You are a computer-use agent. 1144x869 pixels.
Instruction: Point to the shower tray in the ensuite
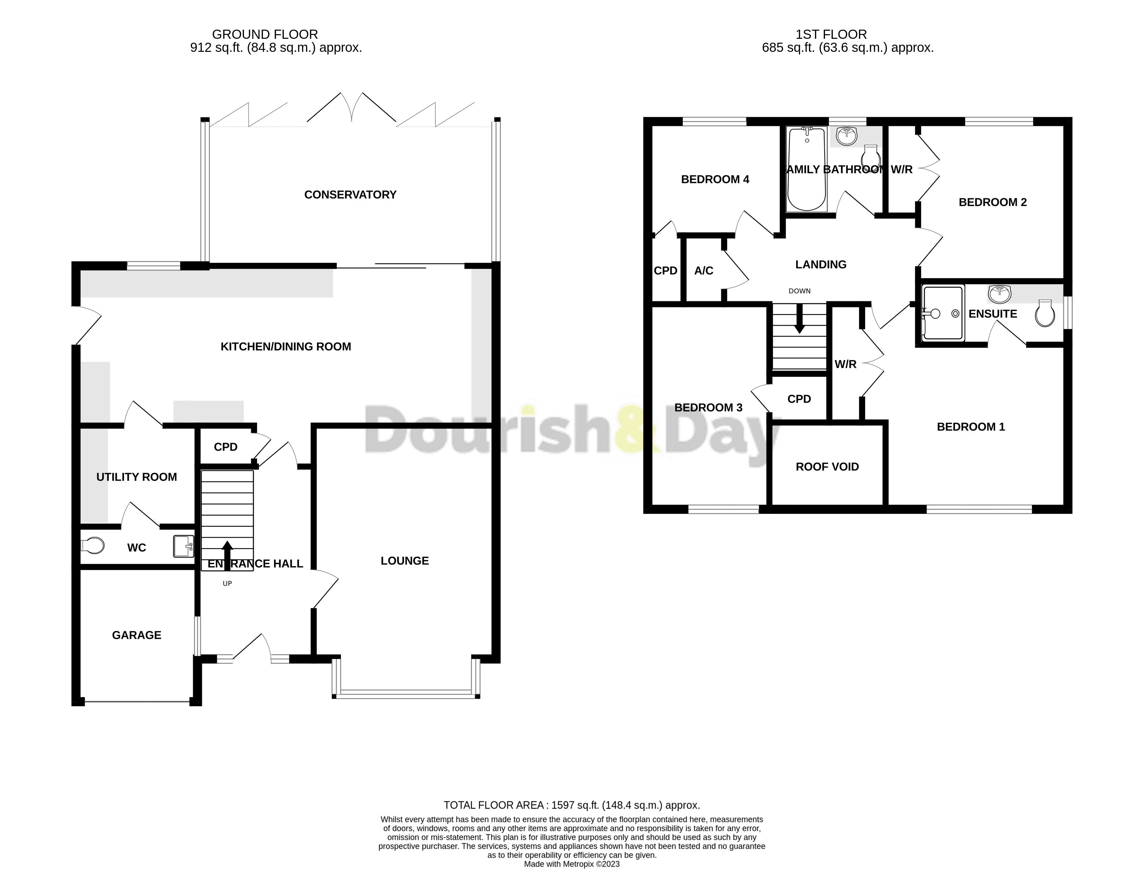coord(943,313)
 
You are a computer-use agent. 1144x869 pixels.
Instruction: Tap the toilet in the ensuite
coord(1045,313)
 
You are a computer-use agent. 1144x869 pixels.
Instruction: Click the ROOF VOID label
coord(827,467)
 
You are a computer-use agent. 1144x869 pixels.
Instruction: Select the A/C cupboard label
coord(703,271)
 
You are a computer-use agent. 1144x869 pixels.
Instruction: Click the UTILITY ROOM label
coord(137,477)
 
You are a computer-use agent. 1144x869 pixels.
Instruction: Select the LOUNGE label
coord(404,561)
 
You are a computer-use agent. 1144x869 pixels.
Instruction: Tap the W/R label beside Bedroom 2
coord(901,169)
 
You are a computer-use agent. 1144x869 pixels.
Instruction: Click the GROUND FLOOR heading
coord(265,35)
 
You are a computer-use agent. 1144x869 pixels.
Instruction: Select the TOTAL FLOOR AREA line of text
coord(571,805)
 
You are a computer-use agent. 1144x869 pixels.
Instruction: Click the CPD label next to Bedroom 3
coord(799,399)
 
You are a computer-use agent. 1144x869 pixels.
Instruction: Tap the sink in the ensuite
coord(999,294)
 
